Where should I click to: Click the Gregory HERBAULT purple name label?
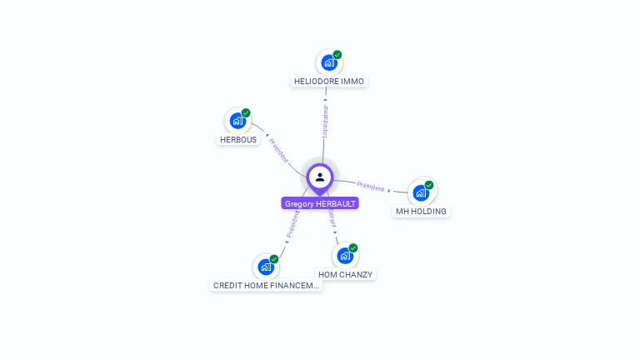pyautogui.click(x=320, y=203)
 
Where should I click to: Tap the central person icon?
pyautogui.click(x=320, y=177)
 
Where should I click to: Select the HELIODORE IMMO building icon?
pyautogui.click(x=329, y=62)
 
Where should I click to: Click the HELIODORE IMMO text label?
pyautogui.click(x=329, y=82)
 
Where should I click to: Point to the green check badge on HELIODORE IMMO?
pyautogui.click(x=337, y=55)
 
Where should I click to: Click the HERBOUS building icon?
pyautogui.click(x=237, y=121)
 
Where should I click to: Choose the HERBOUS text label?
pyautogui.click(x=238, y=140)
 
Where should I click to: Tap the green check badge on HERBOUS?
pyautogui.click(x=246, y=113)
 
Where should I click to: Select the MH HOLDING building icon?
pyautogui.click(x=421, y=192)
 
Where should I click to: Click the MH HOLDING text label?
pyautogui.click(x=421, y=212)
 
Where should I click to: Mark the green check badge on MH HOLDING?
pyautogui.click(x=429, y=185)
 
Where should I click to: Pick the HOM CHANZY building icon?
pyautogui.click(x=345, y=255)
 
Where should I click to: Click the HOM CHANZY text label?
pyautogui.click(x=346, y=274)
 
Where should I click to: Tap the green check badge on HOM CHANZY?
pyautogui.click(x=353, y=247)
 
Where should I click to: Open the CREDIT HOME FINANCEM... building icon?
pyautogui.click(x=266, y=267)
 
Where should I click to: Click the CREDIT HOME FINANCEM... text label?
pyautogui.click(x=266, y=285)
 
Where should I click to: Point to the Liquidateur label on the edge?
pyautogui.click(x=325, y=121)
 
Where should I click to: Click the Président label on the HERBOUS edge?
pyautogui.click(x=278, y=150)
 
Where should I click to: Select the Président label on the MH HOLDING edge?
pyautogui.click(x=371, y=187)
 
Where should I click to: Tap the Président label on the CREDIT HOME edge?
pyautogui.click(x=292, y=225)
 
